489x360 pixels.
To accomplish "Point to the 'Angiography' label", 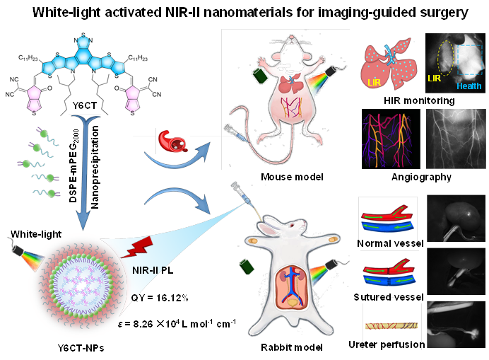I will tap(420, 178).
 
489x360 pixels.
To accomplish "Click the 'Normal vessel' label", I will tap(391, 243).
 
